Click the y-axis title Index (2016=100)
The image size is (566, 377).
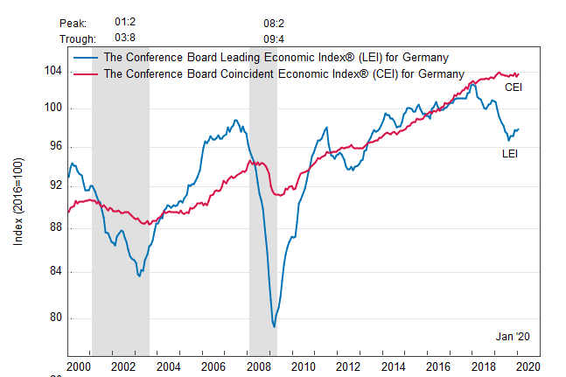(x=18, y=202)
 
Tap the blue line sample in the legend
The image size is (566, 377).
(x=86, y=58)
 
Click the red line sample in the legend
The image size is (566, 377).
(x=86, y=73)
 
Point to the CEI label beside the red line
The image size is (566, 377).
(x=514, y=87)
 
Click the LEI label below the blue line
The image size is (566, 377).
(x=510, y=153)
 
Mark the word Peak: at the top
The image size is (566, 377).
(x=73, y=21)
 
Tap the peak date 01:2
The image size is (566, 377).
(x=125, y=21)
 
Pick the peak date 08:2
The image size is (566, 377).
(x=274, y=21)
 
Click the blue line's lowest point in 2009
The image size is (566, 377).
(x=275, y=327)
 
